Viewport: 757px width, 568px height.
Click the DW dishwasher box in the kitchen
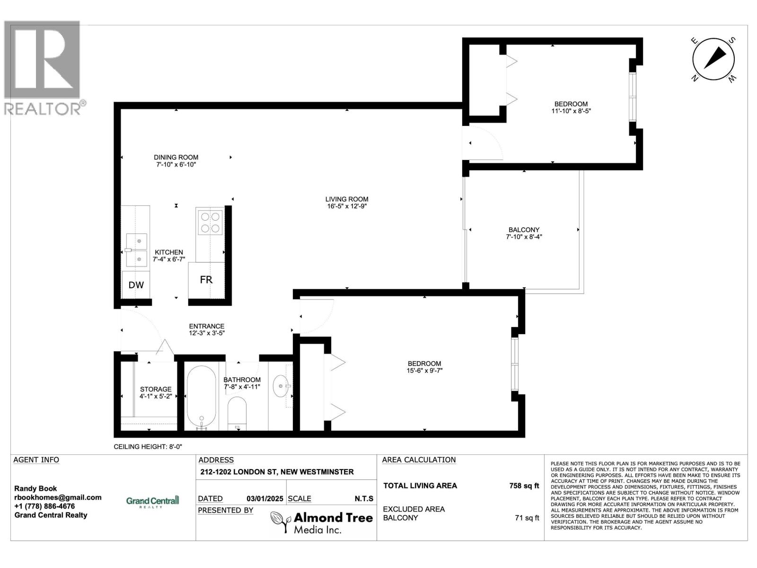click(136, 284)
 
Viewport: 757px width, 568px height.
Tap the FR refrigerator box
click(206, 280)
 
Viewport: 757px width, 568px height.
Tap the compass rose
click(713, 59)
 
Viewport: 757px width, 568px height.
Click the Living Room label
click(347, 199)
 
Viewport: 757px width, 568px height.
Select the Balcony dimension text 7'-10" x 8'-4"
click(524, 237)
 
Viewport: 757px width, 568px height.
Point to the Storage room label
click(156, 389)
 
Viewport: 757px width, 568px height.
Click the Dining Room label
click(176, 157)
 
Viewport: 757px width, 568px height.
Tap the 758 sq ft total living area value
click(524, 486)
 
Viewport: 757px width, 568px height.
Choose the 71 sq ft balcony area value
click(527, 518)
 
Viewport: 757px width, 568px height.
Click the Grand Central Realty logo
click(152, 501)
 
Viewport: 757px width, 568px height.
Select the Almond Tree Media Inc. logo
click(322, 522)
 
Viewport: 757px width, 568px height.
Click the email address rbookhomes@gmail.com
click(58, 497)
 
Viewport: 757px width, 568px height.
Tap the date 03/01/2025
click(264, 499)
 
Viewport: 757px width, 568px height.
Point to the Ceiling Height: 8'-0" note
click(148, 447)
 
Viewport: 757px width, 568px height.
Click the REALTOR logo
click(45, 68)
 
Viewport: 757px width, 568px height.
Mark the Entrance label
click(207, 326)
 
